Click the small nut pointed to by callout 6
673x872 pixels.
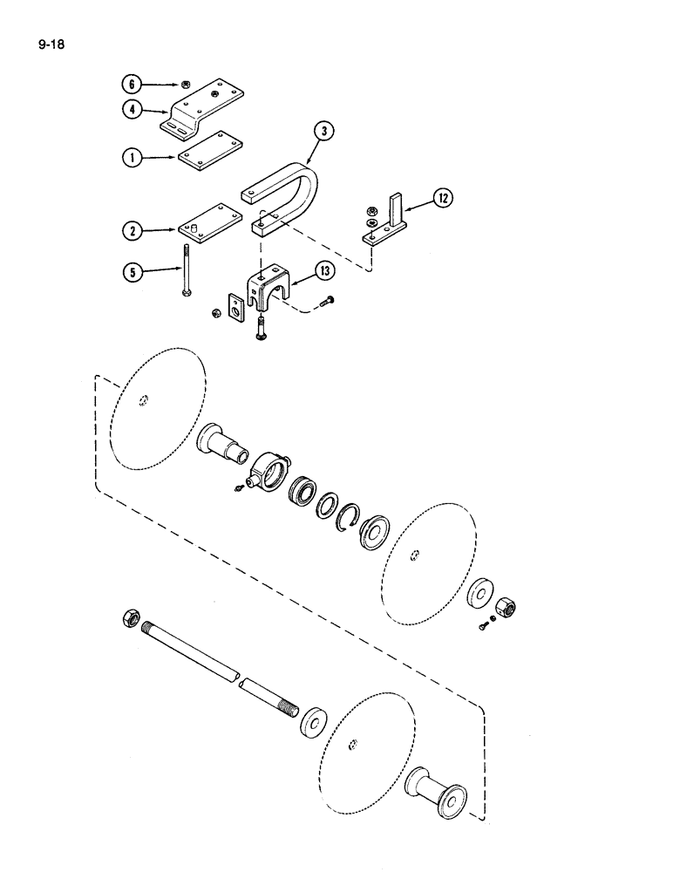click(x=186, y=85)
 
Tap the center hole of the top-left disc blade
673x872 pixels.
click(x=144, y=402)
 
